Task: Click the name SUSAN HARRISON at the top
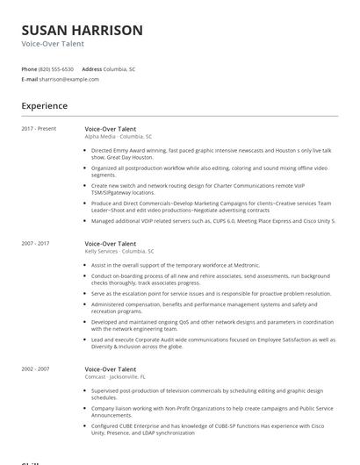pos(82,31)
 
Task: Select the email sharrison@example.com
pos(69,79)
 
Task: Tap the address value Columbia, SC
pos(120,68)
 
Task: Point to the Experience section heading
pos(45,106)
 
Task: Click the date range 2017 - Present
pos(39,129)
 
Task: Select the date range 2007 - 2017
pos(36,243)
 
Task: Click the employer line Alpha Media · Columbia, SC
pos(119,137)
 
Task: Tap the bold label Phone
pos(29,68)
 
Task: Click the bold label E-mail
pos(30,79)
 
